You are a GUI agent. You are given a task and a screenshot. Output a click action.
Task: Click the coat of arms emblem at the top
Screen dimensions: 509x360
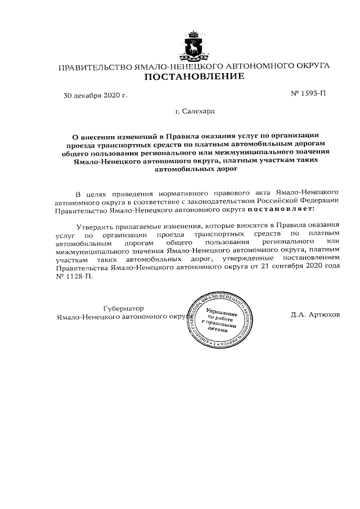(x=195, y=44)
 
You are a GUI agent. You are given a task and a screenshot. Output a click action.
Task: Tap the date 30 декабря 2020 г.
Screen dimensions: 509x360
(x=95, y=95)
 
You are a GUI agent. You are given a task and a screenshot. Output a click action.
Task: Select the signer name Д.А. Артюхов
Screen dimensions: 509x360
(x=316, y=314)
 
